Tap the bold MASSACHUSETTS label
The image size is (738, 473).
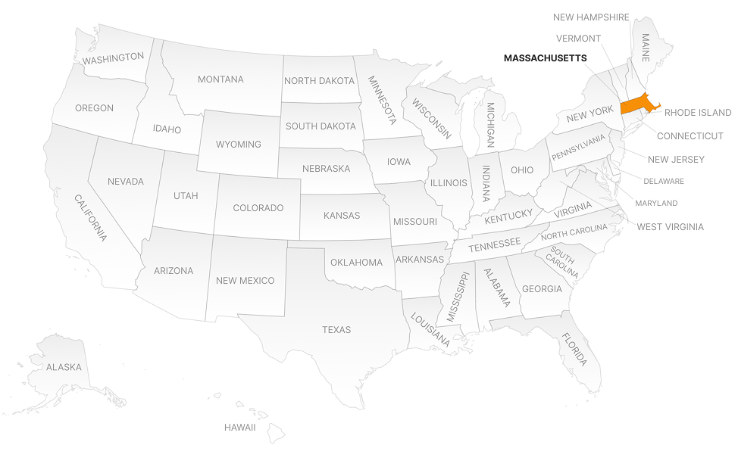[x=545, y=58]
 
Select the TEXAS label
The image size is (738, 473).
[x=336, y=329]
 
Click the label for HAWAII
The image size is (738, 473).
[x=239, y=428]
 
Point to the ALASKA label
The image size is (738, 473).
[x=64, y=367]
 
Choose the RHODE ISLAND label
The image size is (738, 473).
[x=698, y=113]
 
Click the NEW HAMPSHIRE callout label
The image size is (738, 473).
[x=591, y=17]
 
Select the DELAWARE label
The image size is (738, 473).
[x=664, y=181]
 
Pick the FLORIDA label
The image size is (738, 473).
[x=574, y=349]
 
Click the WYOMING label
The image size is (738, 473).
[x=238, y=144]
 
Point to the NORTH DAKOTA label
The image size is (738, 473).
[x=319, y=80]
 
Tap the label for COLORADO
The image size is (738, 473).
[x=258, y=208]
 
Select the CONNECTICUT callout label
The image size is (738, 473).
[x=690, y=136]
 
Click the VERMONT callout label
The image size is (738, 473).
[x=578, y=39]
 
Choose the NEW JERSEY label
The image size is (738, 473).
[x=676, y=159]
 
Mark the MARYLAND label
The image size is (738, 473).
[x=656, y=203]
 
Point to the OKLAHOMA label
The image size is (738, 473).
[x=356, y=263]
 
